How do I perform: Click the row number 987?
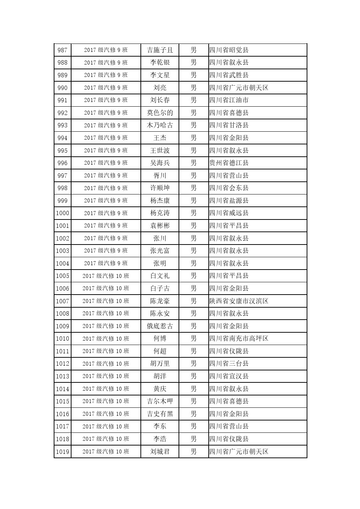pyautogui.click(x=62, y=50)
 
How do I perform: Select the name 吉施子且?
pyautogui.click(x=160, y=50)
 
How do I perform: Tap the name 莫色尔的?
pyautogui.click(x=160, y=113)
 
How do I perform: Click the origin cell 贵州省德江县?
pyautogui.click(x=229, y=163)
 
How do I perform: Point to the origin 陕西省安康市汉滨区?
pyautogui.click(x=239, y=301)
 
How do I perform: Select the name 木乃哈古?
pyautogui.click(x=160, y=126)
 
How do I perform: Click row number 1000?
pyautogui.click(x=62, y=213)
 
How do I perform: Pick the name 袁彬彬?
pyautogui.click(x=160, y=226)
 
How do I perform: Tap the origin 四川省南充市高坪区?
pyautogui.click(x=239, y=338)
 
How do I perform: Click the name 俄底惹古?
pyautogui.click(x=160, y=326)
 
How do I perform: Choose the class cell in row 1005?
pyautogui.click(x=106, y=276)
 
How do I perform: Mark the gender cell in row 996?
pyautogui.click(x=193, y=163)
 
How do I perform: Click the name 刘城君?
pyautogui.click(x=160, y=452)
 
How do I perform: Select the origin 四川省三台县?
pyautogui.click(x=229, y=364)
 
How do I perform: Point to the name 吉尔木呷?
pyautogui.click(x=160, y=401)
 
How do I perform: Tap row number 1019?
pyautogui.click(x=62, y=452)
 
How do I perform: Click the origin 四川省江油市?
pyautogui.click(x=229, y=100)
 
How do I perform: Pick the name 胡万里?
pyautogui.click(x=160, y=364)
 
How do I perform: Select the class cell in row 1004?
pyautogui.click(x=106, y=263)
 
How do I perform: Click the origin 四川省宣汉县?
pyautogui.click(x=229, y=376)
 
